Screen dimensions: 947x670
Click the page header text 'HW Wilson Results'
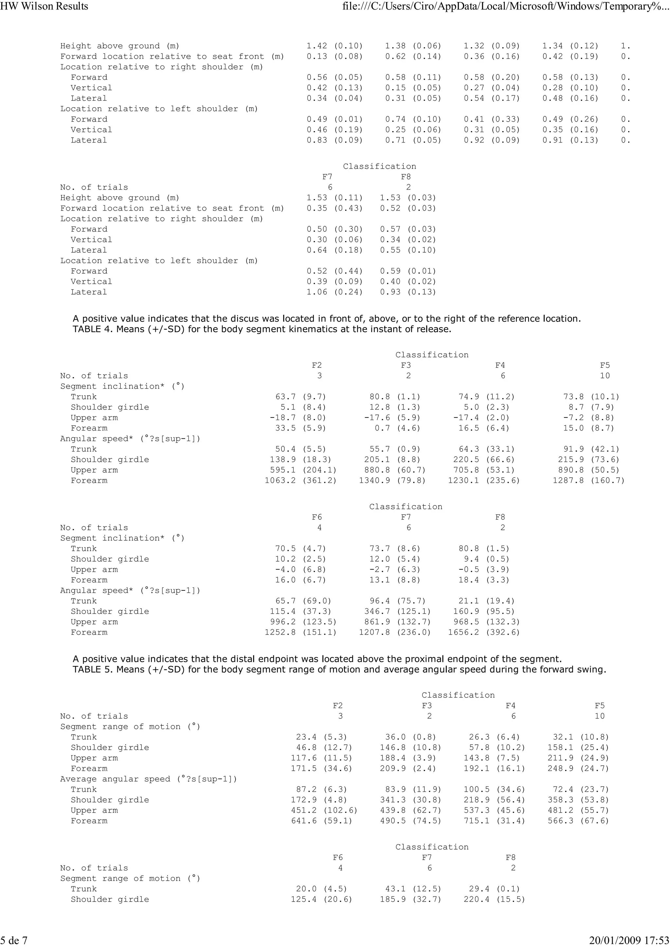[44, 6]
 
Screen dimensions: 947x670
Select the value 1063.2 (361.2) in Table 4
[301, 481]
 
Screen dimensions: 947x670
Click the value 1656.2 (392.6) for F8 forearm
[484, 632]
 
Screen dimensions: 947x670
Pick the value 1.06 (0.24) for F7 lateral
[334, 292]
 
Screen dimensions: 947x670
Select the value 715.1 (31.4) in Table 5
[494, 821]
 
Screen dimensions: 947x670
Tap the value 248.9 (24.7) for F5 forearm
[578, 769]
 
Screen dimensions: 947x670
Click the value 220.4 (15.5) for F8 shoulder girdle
[494, 899]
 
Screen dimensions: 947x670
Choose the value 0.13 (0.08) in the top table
[334, 57]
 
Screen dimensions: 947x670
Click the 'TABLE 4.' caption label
[93, 329]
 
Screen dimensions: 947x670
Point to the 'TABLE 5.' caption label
[93, 669]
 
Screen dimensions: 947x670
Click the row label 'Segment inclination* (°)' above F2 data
[122, 386]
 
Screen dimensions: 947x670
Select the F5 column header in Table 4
[605, 365]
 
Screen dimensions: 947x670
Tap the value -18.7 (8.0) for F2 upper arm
[298, 418]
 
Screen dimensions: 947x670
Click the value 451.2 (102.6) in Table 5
[324, 810]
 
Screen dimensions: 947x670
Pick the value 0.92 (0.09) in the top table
[492, 140]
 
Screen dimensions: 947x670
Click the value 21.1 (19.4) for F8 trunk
[484, 601]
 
